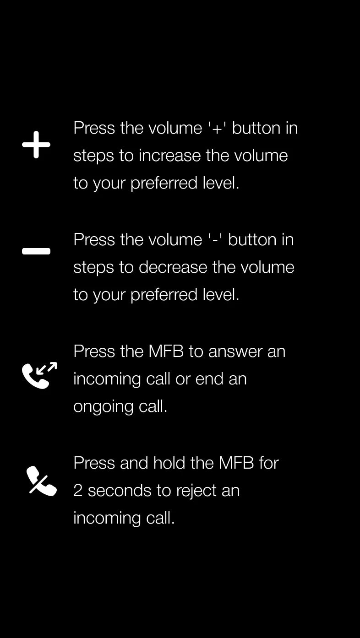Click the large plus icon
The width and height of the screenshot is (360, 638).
(x=36, y=145)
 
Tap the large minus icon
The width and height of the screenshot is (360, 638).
(x=36, y=251)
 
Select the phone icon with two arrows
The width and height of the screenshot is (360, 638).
(x=39, y=375)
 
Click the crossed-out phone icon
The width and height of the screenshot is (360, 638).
(x=42, y=481)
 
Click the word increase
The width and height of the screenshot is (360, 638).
(x=169, y=156)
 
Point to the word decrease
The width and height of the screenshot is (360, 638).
(x=173, y=267)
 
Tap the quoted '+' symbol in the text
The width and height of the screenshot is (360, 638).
(x=217, y=129)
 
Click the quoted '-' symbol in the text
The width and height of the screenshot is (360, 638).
(x=215, y=240)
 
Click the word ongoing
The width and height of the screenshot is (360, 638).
(x=104, y=407)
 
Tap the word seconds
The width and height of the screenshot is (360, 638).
(x=120, y=491)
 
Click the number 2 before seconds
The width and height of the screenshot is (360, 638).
(x=78, y=491)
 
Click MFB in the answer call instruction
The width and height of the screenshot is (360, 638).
(x=166, y=351)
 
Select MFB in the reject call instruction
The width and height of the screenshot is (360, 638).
(x=236, y=463)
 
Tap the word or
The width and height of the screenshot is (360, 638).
(x=183, y=381)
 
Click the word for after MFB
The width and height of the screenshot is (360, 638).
(x=269, y=463)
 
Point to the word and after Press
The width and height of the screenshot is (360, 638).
(x=134, y=463)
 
